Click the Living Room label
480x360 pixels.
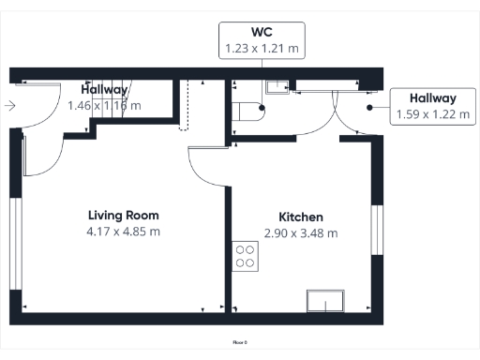tap(123, 216)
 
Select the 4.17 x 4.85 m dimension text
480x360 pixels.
tap(123, 232)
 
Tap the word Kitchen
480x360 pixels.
tap(301, 217)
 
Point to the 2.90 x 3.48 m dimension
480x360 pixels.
tap(301, 232)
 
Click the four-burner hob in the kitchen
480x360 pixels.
tap(246, 256)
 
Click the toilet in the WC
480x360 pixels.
tap(250, 111)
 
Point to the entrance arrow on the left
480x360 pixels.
tap(9, 106)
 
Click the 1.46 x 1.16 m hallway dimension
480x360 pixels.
tap(104, 106)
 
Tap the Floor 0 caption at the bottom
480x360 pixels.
tap(239, 343)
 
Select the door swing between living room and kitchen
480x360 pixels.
tap(204, 165)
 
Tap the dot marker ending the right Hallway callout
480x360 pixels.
tap(370, 107)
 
